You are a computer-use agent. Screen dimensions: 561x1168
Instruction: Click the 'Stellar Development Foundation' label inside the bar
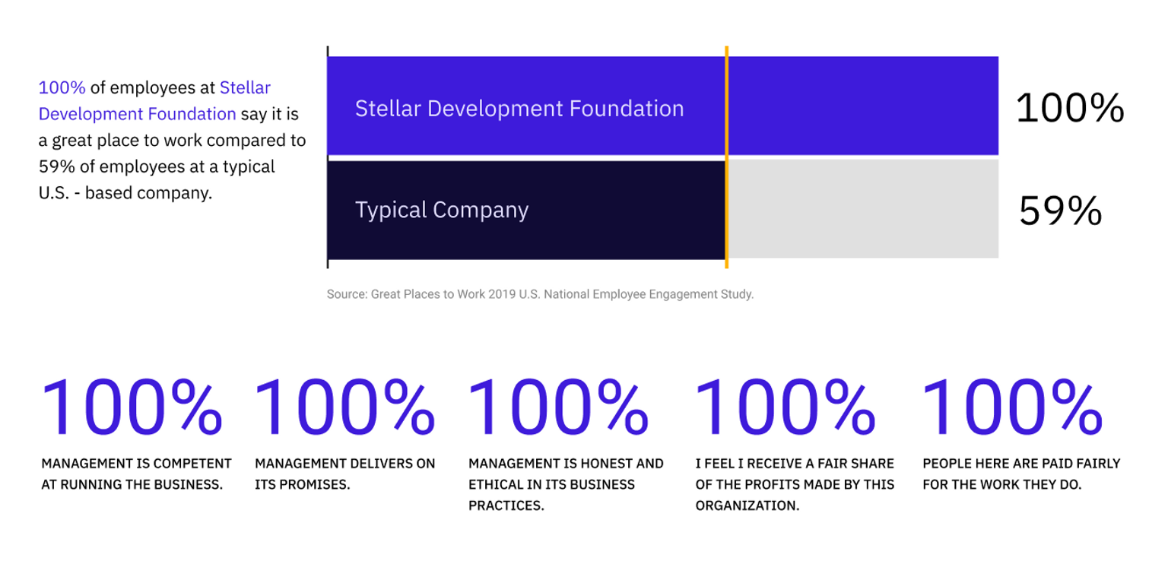pos(519,109)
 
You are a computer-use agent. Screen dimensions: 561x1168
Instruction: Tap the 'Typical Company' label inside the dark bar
pos(441,210)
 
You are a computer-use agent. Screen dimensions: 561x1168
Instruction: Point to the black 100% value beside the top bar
pos(1069,108)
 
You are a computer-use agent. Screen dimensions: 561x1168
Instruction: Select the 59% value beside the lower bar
pos(1060,211)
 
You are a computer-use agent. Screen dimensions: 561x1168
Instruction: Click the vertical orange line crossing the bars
pos(727,157)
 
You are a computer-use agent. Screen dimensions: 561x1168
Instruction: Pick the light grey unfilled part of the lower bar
pos(863,210)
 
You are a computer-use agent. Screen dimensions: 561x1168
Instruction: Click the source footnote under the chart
pos(540,294)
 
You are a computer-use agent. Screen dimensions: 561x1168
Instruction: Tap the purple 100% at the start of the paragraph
pos(62,87)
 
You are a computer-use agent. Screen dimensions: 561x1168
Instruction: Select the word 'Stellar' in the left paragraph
pos(245,87)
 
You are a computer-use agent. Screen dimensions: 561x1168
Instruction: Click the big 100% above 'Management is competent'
pos(132,408)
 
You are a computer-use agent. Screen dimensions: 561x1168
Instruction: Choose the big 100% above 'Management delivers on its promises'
pos(344,408)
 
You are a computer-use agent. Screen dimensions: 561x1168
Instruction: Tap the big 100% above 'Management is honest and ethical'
pos(558,408)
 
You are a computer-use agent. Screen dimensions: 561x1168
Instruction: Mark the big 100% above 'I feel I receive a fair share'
pos(786,408)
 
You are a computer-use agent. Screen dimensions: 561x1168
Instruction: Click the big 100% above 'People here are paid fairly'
pos(1012,408)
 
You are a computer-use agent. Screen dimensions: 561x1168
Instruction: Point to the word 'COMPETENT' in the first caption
pos(193,464)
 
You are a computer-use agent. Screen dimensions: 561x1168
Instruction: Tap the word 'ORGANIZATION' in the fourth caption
pos(747,506)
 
